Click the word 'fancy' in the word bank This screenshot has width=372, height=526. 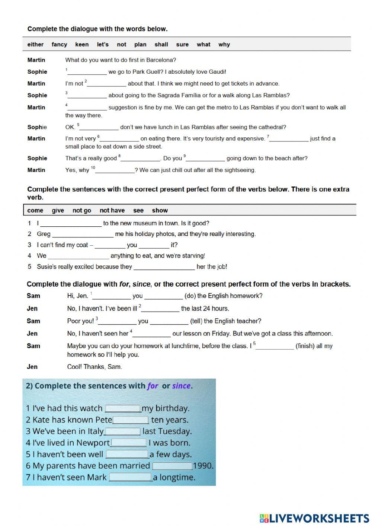(59, 44)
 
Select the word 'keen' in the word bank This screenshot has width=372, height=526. (82, 44)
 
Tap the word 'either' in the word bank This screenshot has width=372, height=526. (35, 44)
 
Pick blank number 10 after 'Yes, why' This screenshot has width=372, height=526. (115, 170)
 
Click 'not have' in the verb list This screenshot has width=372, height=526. (112, 210)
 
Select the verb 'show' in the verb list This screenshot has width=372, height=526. (160, 210)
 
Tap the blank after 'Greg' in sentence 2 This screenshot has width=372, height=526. (83, 234)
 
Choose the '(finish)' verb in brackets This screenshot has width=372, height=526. (305, 346)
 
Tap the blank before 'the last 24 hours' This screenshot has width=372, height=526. (160, 309)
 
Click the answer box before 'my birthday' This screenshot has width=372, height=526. (123, 408)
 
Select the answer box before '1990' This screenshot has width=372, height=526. (172, 466)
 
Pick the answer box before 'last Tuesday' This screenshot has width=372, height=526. (122, 431)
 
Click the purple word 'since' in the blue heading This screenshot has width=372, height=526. (181, 386)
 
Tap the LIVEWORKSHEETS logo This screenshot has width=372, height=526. (314, 518)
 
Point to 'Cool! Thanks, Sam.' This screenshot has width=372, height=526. (94, 367)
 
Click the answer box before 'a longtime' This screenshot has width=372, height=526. (130, 477)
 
